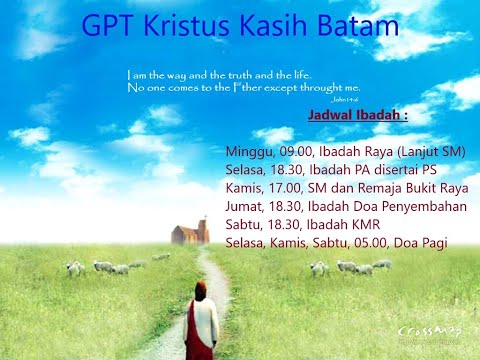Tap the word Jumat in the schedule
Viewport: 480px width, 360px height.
tap(246, 207)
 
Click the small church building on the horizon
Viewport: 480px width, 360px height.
tap(190, 234)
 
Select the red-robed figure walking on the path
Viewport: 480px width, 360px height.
tap(202, 325)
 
